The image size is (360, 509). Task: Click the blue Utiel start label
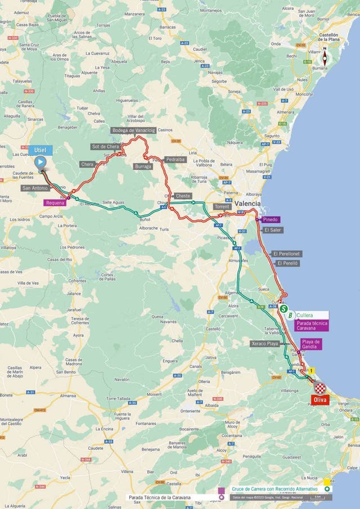(42, 150)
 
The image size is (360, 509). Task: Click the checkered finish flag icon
(319, 388)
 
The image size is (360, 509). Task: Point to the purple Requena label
(55, 202)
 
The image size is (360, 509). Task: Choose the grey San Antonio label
(35, 188)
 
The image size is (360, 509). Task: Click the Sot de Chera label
(106, 147)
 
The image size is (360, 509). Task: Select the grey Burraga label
(143, 166)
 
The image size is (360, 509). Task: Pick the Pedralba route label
(175, 159)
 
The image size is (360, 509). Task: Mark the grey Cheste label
(183, 196)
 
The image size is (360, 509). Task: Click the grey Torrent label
(222, 207)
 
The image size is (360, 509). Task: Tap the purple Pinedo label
(270, 219)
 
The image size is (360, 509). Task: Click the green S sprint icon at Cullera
(284, 308)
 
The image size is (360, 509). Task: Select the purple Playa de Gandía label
(310, 344)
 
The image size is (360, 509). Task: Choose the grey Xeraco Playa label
(264, 343)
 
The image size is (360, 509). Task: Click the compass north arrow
(324, 57)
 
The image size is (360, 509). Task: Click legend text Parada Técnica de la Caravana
(159, 497)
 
